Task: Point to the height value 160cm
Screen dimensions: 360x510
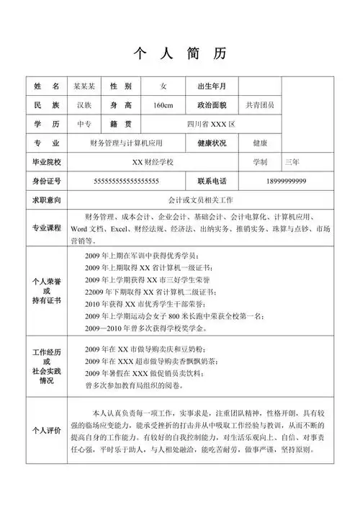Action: click(x=163, y=105)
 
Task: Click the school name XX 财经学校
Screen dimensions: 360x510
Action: click(x=158, y=161)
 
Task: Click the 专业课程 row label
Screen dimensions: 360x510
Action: click(x=46, y=228)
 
